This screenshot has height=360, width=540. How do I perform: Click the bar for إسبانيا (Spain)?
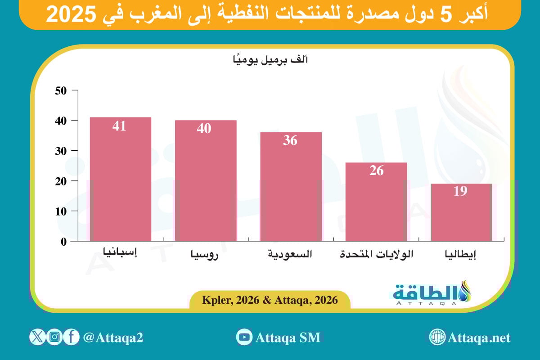120,180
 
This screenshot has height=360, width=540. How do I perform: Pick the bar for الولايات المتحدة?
376,202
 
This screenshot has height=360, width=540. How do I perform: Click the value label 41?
119,126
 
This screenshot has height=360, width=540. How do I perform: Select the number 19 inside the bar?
460,191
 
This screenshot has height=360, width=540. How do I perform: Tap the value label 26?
377,171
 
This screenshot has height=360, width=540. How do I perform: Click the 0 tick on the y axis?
63,241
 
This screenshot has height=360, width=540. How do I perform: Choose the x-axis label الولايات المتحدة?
377,254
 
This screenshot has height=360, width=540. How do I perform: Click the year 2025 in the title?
72,15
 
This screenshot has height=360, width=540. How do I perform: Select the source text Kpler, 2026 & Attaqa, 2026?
270,299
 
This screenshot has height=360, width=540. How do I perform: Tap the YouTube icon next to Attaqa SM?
244,337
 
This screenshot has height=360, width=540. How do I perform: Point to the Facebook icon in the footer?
71,337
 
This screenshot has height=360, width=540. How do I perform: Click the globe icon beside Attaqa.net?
437,337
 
